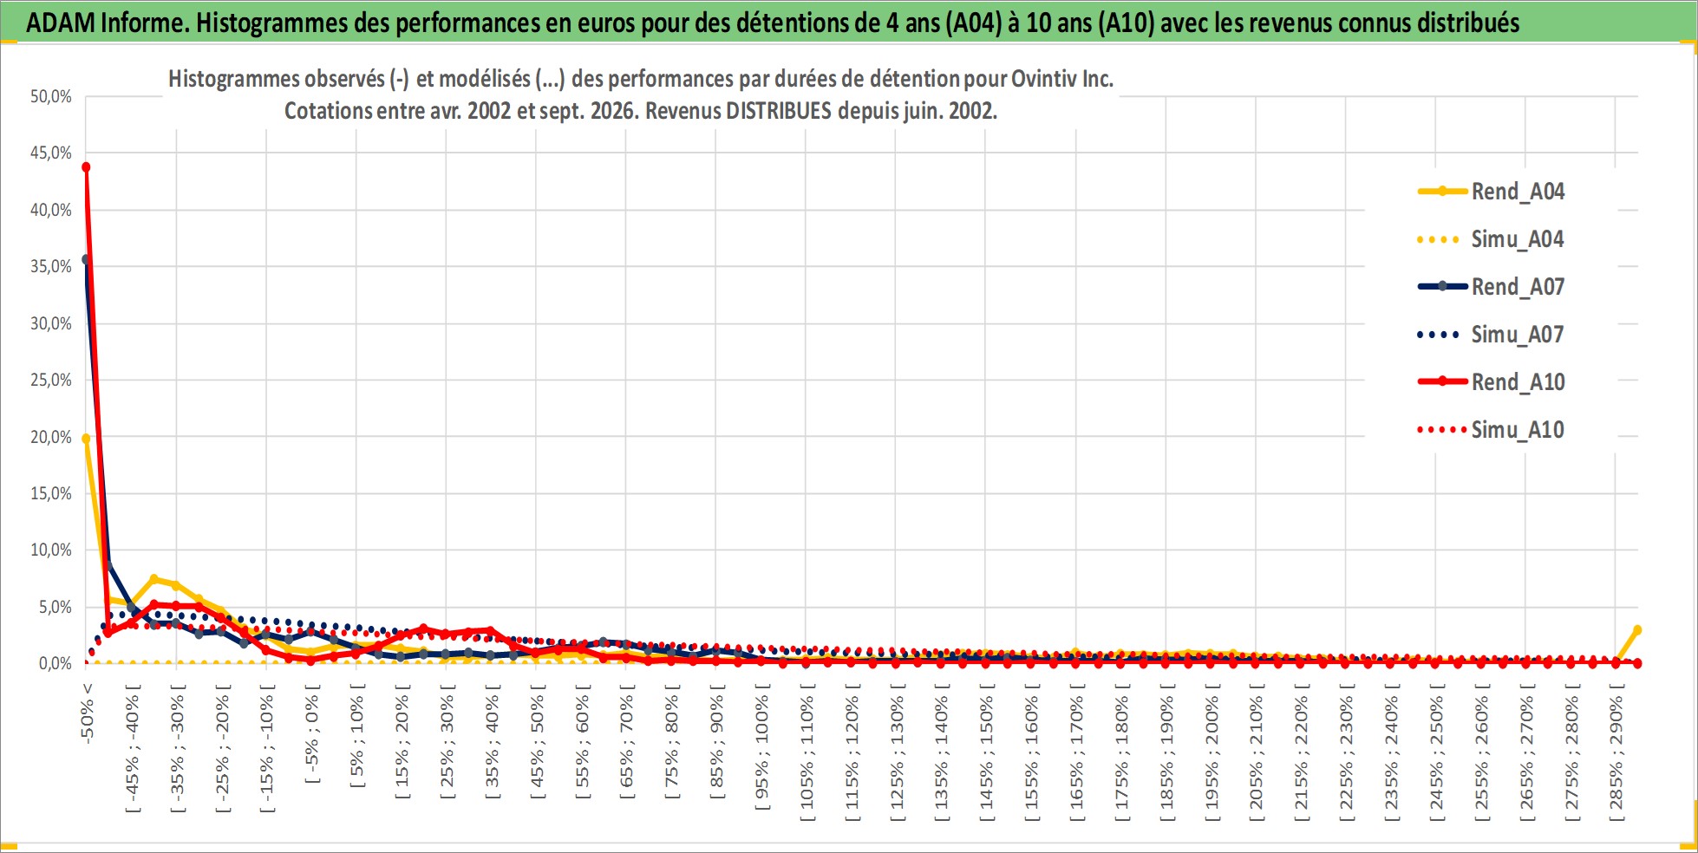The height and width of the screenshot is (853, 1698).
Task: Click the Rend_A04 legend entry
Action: (x=1491, y=192)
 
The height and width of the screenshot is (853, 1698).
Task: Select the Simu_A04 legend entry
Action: (x=1491, y=239)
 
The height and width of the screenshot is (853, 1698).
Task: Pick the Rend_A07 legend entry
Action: (x=1491, y=287)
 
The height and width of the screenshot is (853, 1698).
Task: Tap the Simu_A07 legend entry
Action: (x=1491, y=335)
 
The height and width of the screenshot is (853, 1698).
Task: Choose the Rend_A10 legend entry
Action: (x=1491, y=382)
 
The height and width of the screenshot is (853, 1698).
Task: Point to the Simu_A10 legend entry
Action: (x=1491, y=430)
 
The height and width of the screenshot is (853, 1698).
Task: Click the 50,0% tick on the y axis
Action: (x=51, y=96)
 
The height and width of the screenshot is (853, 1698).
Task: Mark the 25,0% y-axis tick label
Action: (x=51, y=380)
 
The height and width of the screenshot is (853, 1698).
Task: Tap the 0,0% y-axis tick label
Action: (x=56, y=663)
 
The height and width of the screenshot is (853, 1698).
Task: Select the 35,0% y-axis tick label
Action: (x=51, y=266)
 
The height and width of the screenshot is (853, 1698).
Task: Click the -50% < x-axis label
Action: (x=87, y=713)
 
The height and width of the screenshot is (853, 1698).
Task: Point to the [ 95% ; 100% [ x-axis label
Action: (x=762, y=747)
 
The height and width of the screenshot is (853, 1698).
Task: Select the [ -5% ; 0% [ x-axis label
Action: (x=312, y=734)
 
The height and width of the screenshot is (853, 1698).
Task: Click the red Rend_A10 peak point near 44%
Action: (x=86, y=166)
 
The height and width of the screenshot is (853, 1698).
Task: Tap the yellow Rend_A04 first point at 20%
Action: (x=86, y=439)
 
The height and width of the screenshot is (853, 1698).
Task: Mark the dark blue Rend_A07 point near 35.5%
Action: (x=86, y=259)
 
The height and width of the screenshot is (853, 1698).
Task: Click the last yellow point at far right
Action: (x=1637, y=630)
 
